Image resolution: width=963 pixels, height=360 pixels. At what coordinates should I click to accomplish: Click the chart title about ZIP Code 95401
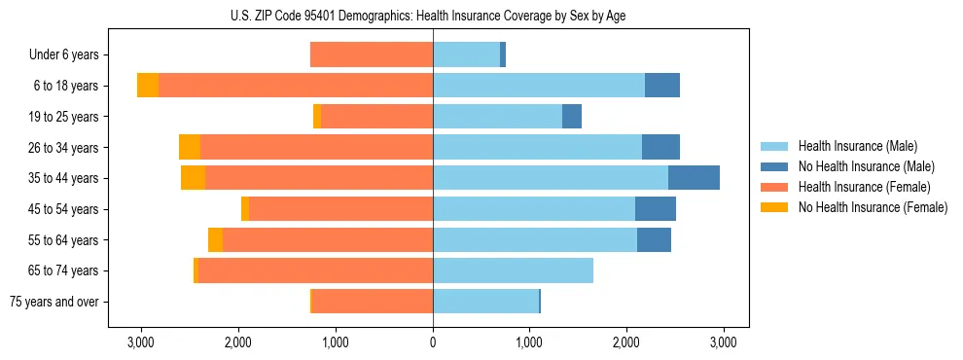[433, 16]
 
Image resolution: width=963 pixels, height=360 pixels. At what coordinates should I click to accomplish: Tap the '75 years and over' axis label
[54, 302]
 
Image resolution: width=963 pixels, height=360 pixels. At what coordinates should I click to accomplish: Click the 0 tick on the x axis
[433, 342]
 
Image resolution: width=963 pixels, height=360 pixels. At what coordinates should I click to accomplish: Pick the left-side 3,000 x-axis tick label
[141, 342]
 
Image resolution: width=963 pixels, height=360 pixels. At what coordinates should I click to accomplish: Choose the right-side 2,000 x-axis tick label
[626, 342]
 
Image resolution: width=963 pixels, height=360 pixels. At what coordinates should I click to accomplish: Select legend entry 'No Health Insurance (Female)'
[873, 207]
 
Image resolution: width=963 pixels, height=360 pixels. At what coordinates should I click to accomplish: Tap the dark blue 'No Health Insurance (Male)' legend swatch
[774, 167]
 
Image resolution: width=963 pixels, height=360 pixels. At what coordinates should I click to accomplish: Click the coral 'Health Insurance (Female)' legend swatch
[774, 187]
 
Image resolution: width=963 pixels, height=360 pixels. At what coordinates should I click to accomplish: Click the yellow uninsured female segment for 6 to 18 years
[148, 86]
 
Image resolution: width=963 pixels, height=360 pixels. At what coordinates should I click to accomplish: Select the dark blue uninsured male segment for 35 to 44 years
[694, 178]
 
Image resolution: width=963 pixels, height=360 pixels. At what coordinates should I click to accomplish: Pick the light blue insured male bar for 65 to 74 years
[513, 270]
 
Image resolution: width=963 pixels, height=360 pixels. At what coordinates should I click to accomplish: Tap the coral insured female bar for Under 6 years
[372, 55]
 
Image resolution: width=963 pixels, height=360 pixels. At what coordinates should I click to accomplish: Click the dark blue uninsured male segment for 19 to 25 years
[572, 117]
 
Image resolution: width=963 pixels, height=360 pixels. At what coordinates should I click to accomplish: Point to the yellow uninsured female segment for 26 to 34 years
[190, 147]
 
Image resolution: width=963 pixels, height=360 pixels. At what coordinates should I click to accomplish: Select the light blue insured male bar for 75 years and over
[485, 302]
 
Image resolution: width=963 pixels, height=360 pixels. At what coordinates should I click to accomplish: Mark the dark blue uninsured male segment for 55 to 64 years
[654, 239]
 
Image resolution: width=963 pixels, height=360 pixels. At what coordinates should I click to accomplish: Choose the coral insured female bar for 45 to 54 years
[340, 209]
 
